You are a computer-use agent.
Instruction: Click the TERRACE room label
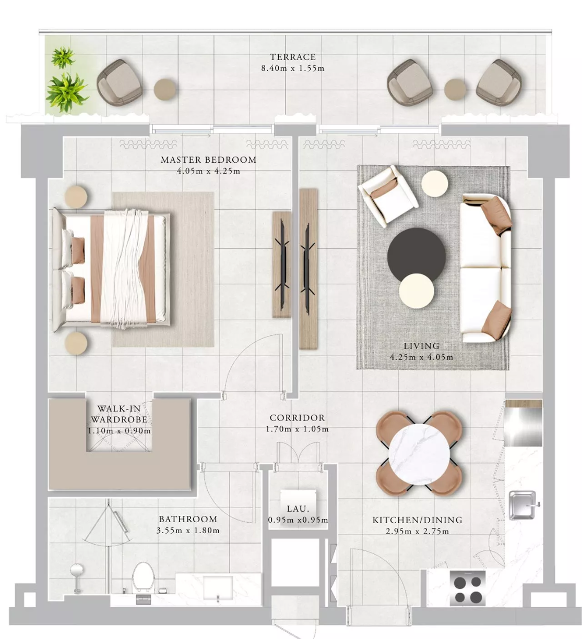[x=293, y=57]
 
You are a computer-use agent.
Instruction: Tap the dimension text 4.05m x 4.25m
[x=209, y=171]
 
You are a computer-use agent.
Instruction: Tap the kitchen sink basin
[x=522, y=505]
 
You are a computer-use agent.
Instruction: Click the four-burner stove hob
[x=468, y=588]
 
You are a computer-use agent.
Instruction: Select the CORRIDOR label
[x=297, y=418]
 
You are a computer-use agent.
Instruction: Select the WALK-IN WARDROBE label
[x=119, y=414]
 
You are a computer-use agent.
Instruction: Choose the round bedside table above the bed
[x=76, y=197]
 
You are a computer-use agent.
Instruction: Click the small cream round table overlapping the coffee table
[x=416, y=291]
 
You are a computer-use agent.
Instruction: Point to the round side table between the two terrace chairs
[x=455, y=89]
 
